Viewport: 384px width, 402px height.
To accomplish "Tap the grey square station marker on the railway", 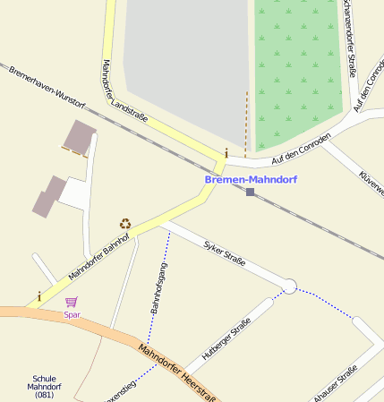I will point(251,192).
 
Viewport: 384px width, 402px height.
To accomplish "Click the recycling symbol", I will point(124,223).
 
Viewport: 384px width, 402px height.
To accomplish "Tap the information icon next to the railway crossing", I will point(226,153).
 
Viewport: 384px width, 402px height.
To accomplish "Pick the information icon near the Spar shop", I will point(39,295).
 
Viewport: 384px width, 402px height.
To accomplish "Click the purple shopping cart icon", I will point(71,303).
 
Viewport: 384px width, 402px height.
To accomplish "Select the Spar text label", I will point(72,315).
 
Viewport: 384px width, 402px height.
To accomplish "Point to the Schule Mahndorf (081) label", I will point(44,386).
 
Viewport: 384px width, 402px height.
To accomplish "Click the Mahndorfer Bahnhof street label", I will point(98,256).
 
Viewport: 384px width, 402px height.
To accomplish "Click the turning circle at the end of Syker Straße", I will point(289,287).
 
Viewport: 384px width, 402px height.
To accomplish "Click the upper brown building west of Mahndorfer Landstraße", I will point(79,137).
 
